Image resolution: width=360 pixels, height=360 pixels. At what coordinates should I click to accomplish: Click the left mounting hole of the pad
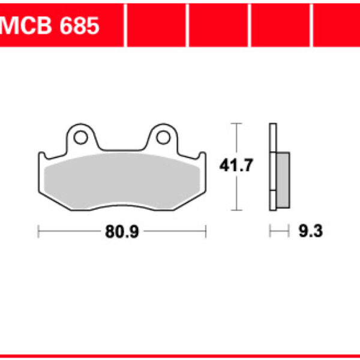click(x=79, y=137)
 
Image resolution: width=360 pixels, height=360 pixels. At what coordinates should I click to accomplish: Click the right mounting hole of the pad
click(x=162, y=137)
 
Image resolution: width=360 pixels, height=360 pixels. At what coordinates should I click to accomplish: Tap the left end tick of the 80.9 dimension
click(x=38, y=232)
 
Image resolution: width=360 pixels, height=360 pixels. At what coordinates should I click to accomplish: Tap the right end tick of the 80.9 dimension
click(x=206, y=232)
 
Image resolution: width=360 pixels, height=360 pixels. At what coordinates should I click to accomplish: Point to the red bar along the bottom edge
click(x=180, y=357)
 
